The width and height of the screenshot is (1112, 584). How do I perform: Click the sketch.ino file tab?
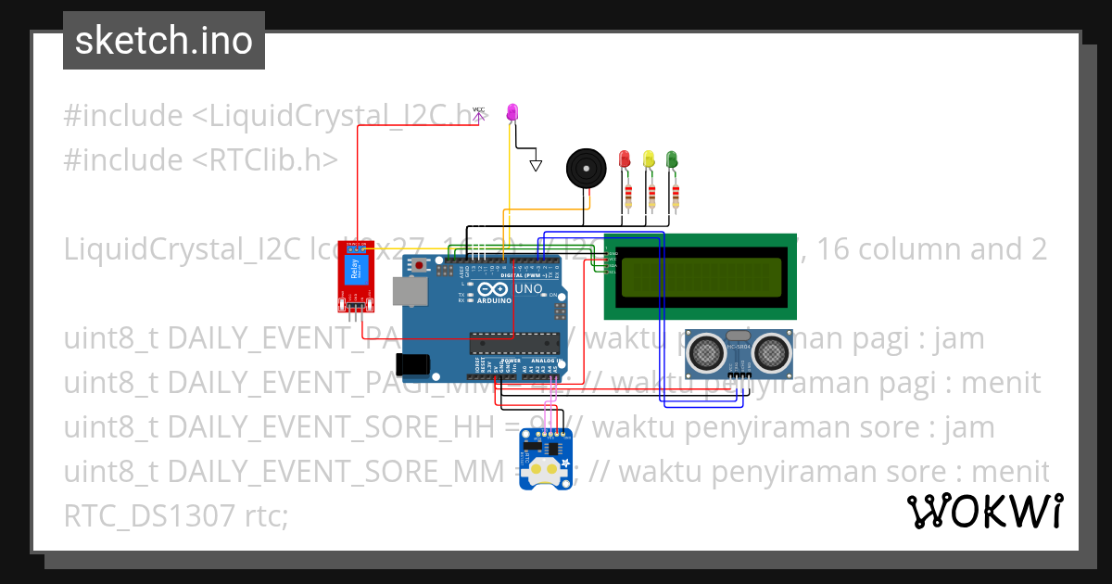click(x=164, y=41)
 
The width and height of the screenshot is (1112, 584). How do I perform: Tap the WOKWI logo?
click(x=983, y=511)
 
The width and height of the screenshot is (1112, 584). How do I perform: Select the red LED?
click(x=625, y=159)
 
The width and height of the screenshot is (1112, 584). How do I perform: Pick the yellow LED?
click(x=649, y=159)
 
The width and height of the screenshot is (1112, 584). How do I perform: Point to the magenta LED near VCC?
click(x=512, y=112)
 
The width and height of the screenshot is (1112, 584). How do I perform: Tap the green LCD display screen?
click(x=700, y=276)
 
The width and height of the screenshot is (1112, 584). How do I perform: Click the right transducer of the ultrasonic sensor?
click(x=770, y=351)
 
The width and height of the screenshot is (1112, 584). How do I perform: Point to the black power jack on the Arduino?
click(x=412, y=364)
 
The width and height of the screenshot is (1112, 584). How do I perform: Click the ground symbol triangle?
click(x=535, y=165)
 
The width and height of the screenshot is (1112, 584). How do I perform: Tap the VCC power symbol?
click(x=478, y=112)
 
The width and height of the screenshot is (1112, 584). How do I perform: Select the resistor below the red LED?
click(x=629, y=196)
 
